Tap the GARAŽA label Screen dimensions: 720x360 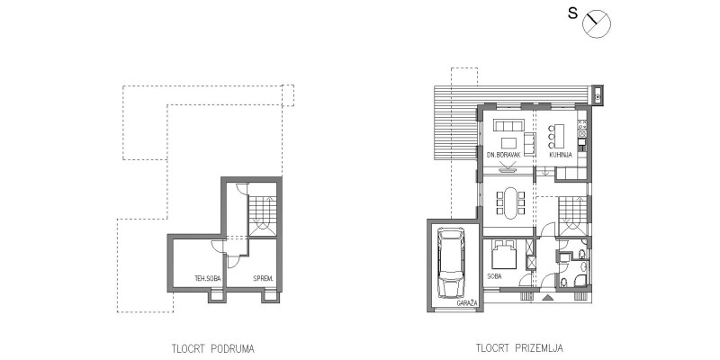(467, 303)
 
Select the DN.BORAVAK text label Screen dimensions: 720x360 (504, 155)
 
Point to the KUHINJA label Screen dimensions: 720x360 (561, 155)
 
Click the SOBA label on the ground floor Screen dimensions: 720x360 (494, 276)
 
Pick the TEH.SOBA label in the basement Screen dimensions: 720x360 (207, 278)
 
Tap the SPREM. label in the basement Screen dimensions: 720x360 (263, 278)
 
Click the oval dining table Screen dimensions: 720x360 (509, 203)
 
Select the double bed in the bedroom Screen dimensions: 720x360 (504, 255)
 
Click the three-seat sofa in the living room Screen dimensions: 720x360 (508, 125)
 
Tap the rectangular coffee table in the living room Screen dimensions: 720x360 (508, 143)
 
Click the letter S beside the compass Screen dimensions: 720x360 (572, 13)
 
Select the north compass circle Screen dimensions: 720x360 (597, 24)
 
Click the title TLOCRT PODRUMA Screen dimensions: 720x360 (213, 348)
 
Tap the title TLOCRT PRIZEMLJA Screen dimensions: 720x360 (519, 348)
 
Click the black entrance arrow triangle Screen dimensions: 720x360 (547, 298)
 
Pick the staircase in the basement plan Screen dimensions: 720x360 (263, 216)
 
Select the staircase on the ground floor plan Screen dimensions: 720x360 (572, 216)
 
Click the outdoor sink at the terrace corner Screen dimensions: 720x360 (598, 96)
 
